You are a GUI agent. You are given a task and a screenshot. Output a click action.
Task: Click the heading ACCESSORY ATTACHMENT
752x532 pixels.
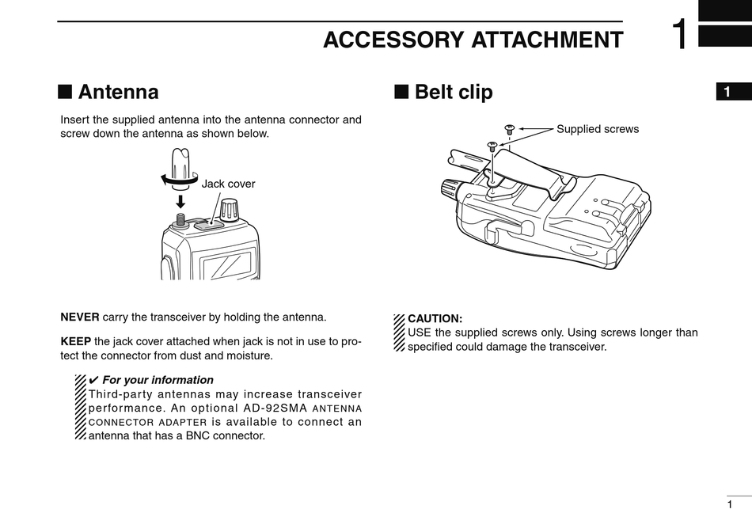point(473,40)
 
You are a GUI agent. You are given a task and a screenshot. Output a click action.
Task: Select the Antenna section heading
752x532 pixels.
point(119,92)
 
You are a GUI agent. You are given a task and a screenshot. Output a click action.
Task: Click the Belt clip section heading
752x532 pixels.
point(454,92)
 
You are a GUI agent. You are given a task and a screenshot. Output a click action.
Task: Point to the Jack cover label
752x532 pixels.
point(228,184)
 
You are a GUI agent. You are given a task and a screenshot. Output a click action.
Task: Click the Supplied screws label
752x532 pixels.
point(597,129)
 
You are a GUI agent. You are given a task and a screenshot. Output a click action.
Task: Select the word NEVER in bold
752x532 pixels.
point(80,317)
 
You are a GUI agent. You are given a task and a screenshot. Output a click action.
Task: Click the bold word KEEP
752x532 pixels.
point(76,341)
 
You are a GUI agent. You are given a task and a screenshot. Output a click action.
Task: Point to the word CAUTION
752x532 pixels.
point(435,318)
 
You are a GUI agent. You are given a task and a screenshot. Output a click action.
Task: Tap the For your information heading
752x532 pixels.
point(158,380)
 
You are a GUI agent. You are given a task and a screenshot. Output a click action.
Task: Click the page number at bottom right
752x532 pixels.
point(729,504)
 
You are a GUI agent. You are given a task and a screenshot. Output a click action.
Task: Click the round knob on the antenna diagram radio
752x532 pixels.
point(229,210)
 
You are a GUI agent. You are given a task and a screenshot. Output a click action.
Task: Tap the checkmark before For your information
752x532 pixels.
point(93,380)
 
